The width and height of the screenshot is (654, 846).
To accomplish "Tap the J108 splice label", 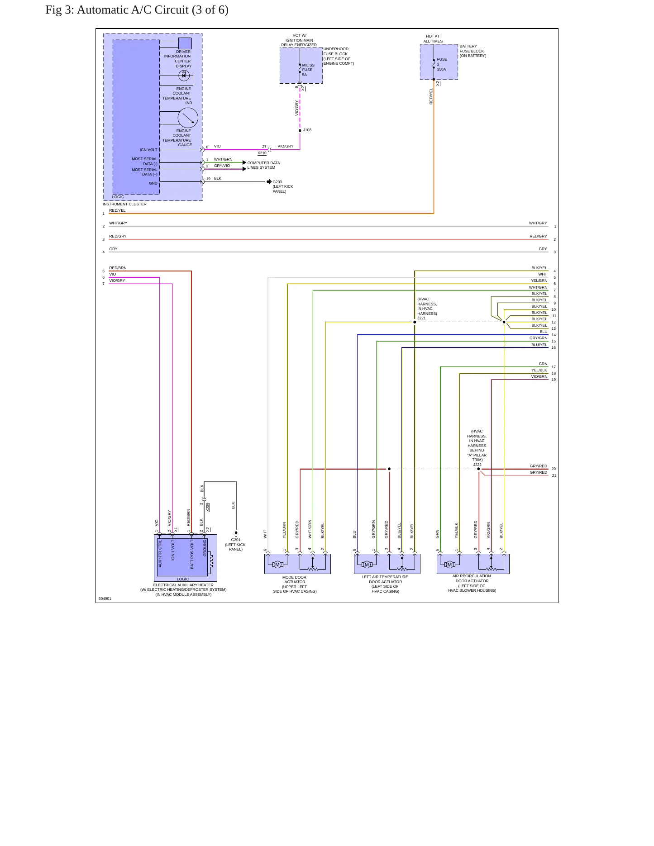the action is point(307,130).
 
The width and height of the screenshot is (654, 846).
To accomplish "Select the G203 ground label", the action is point(277,182).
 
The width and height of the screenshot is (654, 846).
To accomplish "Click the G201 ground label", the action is point(236,540).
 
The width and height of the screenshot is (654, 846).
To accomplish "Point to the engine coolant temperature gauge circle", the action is point(188,118).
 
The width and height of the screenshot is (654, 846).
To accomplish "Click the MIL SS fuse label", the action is point(308,65).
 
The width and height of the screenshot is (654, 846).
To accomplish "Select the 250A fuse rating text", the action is point(441,69).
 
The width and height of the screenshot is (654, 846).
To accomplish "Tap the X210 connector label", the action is point(262,153).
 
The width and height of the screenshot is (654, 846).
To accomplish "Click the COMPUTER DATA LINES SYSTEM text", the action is point(263,165).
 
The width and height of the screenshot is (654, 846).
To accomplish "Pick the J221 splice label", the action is point(421,318).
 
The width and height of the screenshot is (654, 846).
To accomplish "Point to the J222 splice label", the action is point(477,465).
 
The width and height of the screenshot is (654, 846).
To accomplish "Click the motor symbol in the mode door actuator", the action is point(277,564).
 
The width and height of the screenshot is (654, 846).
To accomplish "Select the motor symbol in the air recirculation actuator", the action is point(450,564).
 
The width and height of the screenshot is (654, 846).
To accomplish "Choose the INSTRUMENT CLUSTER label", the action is point(124,204).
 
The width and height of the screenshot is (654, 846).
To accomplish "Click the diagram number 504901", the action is point(105,599).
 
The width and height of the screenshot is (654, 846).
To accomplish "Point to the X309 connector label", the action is point(208,507).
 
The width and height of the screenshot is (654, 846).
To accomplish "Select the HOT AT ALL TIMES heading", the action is point(433,39).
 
